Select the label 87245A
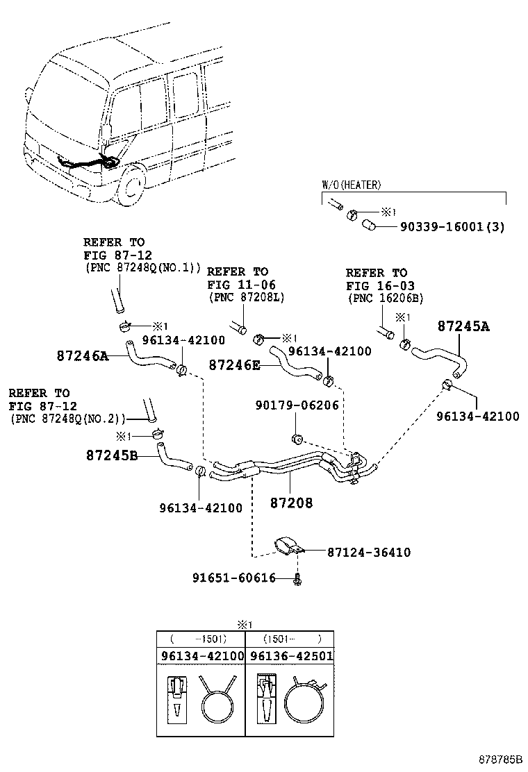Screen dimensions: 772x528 click(463, 326)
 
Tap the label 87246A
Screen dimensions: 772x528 click(82, 356)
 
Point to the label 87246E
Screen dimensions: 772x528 click(234, 364)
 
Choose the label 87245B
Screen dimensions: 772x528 click(112, 456)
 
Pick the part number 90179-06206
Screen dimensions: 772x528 click(297, 405)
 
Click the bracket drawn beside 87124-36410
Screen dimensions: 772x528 click(288, 548)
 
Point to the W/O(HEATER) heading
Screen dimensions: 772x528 click(351, 185)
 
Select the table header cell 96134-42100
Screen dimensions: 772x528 click(201, 655)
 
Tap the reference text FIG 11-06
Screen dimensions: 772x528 click(237, 285)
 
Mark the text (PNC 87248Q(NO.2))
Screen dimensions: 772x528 click(68, 419)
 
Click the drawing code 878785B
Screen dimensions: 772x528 click(499, 760)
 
